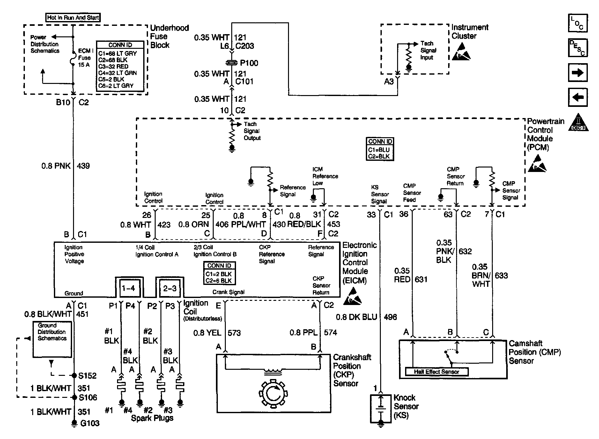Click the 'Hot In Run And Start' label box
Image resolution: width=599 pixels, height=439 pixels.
pos(73,18)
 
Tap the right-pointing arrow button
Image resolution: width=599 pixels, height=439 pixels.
pos(578,73)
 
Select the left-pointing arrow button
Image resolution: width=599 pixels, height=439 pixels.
pos(578,97)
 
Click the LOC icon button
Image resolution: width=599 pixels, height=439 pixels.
pos(578,23)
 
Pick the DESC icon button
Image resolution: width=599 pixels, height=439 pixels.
pos(578,48)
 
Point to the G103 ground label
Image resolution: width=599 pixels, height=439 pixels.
pos(90,423)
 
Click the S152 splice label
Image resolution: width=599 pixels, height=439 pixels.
pos(88,376)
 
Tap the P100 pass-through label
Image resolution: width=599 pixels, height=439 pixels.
pos(249,63)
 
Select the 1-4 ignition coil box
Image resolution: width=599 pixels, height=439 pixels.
pos(129,288)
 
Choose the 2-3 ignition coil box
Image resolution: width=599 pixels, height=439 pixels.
pos(169,288)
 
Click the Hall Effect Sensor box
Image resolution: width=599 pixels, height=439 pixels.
pos(437,372)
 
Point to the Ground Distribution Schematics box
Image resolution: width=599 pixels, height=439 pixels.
pos(52,339)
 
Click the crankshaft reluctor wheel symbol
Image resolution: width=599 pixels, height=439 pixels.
pos(273,394)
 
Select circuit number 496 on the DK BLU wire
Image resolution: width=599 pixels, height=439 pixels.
pos(390,317)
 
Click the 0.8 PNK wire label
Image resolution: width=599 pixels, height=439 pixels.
pos(56,166)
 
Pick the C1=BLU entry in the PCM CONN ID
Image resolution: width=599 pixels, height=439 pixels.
pos(379,150)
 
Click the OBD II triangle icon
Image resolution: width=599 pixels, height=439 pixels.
pos(579,122)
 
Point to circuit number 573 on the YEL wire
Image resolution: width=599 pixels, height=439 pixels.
pos(234,333)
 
